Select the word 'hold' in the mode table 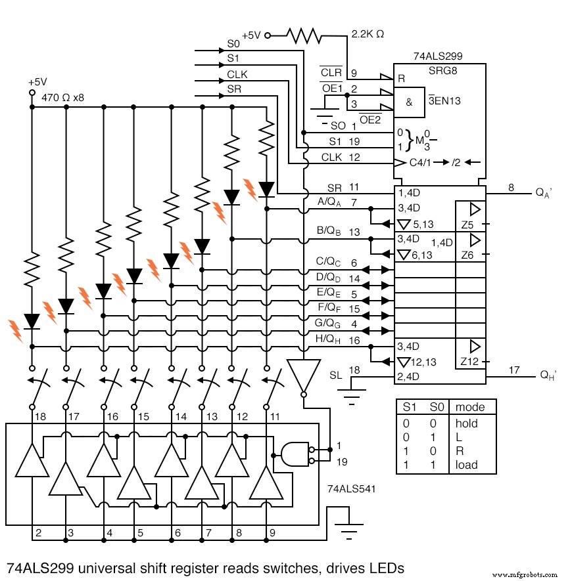click(466, 423)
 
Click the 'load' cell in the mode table click(466, 465)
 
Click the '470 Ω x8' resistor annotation click(63, 97)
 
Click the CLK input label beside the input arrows click(237, 75)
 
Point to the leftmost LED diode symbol click(32, 322)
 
